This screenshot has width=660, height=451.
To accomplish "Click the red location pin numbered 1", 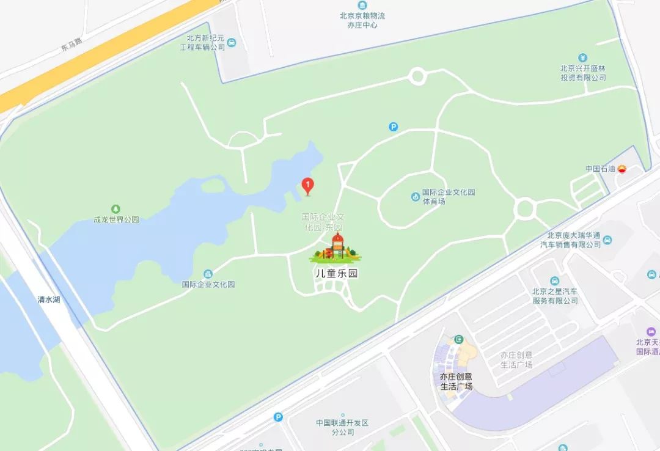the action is pos(309,185).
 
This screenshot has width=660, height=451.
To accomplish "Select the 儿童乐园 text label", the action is pos(335,274).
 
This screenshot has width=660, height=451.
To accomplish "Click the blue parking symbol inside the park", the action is pos(394,127).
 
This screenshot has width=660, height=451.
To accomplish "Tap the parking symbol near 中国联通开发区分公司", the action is pos(278,417).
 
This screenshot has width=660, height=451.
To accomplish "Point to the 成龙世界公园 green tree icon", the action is pos(116,209).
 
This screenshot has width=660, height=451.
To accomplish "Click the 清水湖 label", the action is pos(49,300).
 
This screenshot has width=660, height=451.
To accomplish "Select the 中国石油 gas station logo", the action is pos(622,169).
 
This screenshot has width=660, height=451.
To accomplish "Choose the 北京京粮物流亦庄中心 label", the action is pos(362,20).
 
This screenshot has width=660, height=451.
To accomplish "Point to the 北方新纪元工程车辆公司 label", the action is pos(206,42).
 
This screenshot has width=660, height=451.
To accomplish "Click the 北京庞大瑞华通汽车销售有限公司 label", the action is pos(570,240).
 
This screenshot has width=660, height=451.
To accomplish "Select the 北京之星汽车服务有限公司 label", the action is pos(554,296).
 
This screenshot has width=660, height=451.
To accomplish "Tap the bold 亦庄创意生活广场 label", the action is pos(457,381).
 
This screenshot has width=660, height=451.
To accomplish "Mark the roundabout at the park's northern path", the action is pos(417,76).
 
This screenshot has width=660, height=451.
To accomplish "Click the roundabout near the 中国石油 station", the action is pos(525,208).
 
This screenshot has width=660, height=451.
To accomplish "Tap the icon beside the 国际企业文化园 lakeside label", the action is pos(208,273).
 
